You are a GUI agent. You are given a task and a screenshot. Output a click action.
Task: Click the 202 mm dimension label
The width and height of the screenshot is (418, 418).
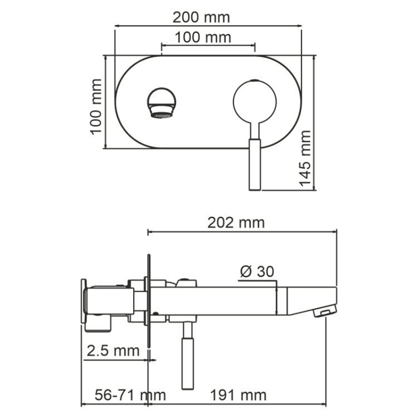coord(236,222)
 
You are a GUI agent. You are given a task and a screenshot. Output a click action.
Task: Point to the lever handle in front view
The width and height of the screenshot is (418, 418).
coord(255,164)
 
